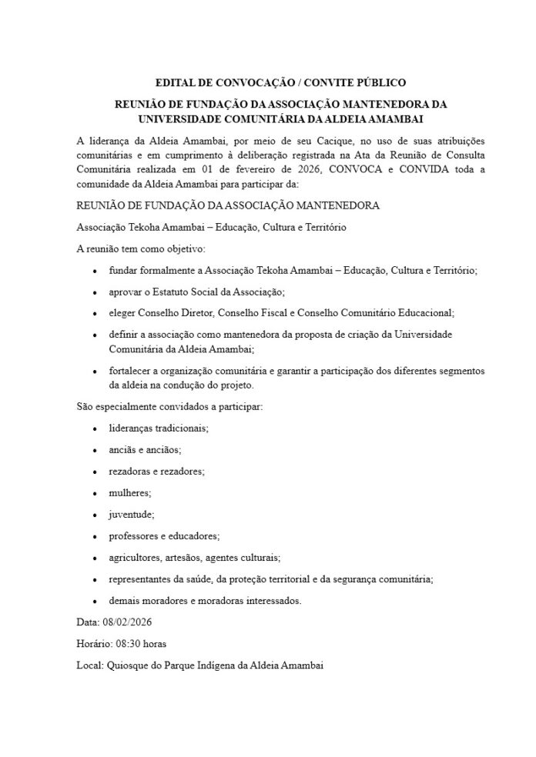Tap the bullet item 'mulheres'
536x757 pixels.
tap(130, 492)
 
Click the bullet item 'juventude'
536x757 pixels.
tap(132, 513)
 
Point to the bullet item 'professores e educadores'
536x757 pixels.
tap(164, 535)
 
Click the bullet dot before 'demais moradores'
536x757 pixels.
tap(94, 600)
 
